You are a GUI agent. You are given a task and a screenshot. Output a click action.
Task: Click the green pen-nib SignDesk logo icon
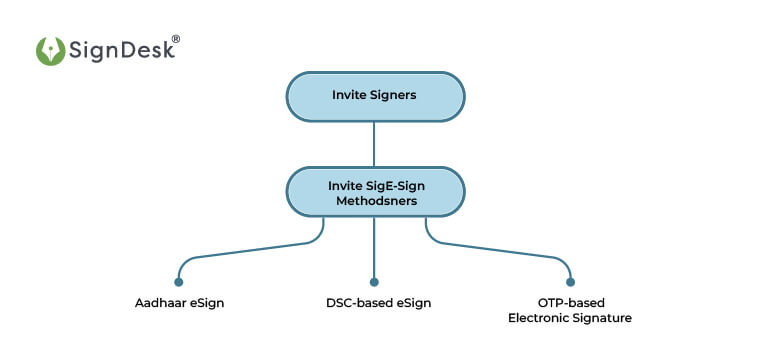(x=50, y=51)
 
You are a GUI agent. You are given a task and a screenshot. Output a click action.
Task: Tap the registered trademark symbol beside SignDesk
(x=176, y=39)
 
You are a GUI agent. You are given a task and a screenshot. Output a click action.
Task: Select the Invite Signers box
(x=375, y=96)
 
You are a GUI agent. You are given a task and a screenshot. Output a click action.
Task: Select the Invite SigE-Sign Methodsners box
(x=375, y=192)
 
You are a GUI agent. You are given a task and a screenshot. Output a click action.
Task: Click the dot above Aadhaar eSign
(x=179, y=282)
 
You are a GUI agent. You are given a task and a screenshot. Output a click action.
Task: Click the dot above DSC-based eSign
(x=375, y=282)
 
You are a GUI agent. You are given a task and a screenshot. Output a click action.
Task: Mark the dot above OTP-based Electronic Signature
(x=570, y=282)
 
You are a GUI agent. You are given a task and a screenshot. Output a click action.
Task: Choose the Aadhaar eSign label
(x=179, y=303)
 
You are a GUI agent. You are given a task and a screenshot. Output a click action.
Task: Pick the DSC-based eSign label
(x=375, y=303)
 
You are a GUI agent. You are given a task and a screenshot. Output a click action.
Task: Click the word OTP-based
(x=570, y=303)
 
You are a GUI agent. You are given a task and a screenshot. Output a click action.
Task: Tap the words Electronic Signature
(x=570, y=318)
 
